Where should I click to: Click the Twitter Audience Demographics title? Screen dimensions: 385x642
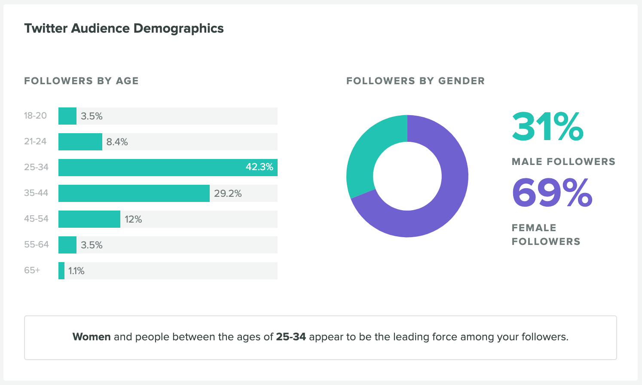click(124, 28)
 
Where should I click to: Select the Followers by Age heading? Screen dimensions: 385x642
click(81, 81)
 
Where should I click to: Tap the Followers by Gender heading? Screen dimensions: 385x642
click(415, 81)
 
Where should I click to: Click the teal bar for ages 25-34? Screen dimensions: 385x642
click(150, 168)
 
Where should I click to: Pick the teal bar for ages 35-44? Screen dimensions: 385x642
click(134, 193)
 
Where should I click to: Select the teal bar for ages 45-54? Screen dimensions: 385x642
click(89, 219)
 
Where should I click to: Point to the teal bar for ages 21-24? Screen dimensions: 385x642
click(80, 142)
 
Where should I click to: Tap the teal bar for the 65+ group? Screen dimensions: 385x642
click(61, 271)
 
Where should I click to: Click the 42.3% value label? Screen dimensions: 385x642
click(259, 167)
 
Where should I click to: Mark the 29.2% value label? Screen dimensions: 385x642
click(228, 193)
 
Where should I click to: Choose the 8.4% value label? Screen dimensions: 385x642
click(117, 142)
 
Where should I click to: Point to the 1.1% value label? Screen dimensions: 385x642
click(76, 271)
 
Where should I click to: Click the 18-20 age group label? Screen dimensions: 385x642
click(35, 116)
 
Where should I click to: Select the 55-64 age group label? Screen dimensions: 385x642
click(37, 244)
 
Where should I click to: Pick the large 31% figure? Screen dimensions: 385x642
click(547, 127)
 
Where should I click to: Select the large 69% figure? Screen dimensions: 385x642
click(552, 193)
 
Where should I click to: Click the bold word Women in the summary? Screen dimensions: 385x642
click(92, 337)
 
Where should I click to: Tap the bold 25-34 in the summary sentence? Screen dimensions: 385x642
click(291, 337)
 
